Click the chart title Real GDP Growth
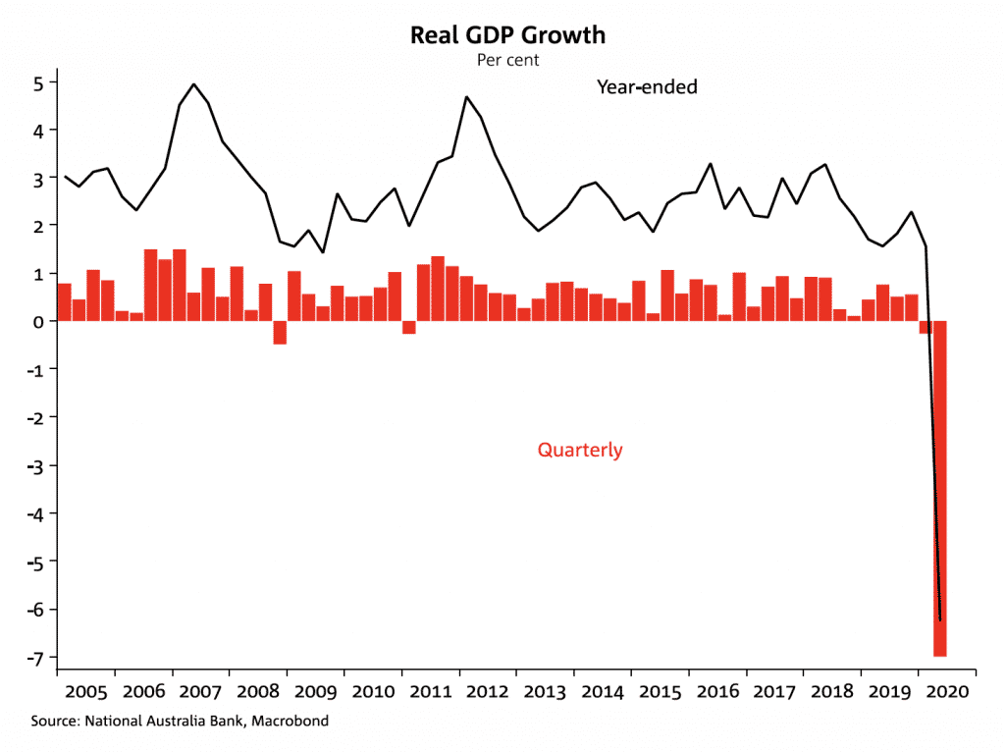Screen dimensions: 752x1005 (507, 36)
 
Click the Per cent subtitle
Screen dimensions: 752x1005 (507, 60)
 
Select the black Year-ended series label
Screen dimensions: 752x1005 (647, 87)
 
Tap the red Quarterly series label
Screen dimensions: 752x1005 (579, 451)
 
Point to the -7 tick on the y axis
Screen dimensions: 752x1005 (38, 657)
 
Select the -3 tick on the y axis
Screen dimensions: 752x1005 (38, 465)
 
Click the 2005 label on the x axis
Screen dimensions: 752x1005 (85, 691)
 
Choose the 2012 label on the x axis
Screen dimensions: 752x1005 (487, 691)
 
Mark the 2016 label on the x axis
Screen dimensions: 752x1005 (716, 691)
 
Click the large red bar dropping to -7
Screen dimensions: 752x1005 (939, 491)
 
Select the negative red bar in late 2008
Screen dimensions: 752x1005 (280, 333)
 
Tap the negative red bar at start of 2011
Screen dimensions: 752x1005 (408, 328)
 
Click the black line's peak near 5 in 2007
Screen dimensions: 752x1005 (193, 84)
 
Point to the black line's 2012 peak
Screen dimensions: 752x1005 (466, 97)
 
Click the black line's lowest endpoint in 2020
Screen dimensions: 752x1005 (940, 619)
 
